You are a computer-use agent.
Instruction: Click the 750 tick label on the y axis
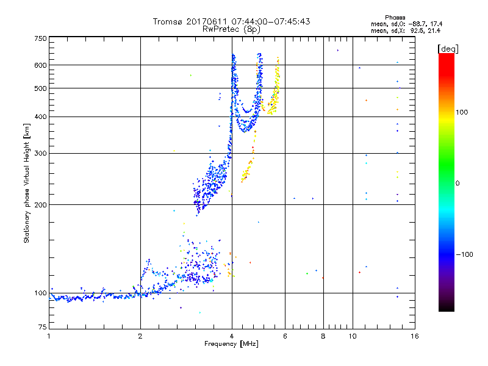point(40,38)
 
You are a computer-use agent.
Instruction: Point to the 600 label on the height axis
point(40,65)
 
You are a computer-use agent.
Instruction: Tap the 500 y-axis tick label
point(40,88)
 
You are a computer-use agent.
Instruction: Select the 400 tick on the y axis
point(40,117)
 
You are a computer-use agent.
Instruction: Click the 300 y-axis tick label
point(40,154)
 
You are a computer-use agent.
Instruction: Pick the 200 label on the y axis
point(40,205)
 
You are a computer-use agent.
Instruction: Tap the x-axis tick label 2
point(140,336)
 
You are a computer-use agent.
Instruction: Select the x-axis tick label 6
point(285,336)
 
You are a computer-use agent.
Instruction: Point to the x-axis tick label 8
point(323,336)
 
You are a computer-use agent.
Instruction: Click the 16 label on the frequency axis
point(414,336)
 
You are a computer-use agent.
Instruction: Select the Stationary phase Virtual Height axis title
point(27,183)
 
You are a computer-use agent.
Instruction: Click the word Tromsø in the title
point(168,21)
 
